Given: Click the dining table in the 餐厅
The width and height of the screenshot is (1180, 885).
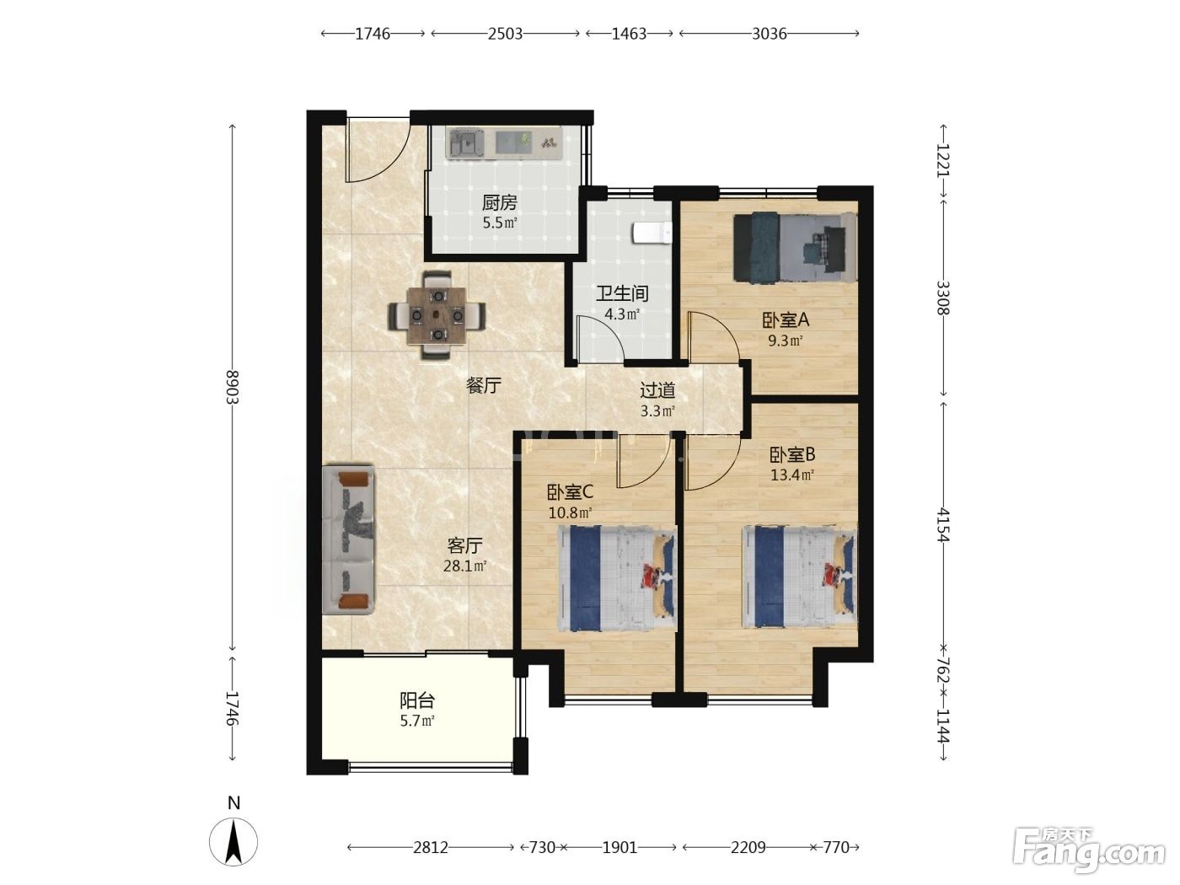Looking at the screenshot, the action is [437, 315].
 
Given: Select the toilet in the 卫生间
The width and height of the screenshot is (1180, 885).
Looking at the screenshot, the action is [652, 233].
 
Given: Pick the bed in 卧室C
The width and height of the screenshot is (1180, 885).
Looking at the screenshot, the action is [617, 579].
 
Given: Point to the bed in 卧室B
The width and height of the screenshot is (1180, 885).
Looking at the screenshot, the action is [799, 577].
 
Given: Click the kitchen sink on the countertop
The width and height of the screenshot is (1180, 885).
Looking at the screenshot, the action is [466, 143].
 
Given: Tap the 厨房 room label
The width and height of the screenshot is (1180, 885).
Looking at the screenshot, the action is [500, 202].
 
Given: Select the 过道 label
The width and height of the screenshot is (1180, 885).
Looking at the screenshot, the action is [657, 390].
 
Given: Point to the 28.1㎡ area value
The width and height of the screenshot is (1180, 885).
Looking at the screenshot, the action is [464, 566].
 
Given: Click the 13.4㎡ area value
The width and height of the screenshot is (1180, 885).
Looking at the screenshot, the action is [791, 475].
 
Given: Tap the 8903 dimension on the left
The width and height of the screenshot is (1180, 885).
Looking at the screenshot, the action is [233, 387].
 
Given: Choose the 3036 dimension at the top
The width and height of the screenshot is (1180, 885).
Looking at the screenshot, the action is [770, 34].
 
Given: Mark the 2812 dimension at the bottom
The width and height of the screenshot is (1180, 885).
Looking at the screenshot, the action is [431, 847].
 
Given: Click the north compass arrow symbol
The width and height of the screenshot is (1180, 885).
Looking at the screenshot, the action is [233, 841].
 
